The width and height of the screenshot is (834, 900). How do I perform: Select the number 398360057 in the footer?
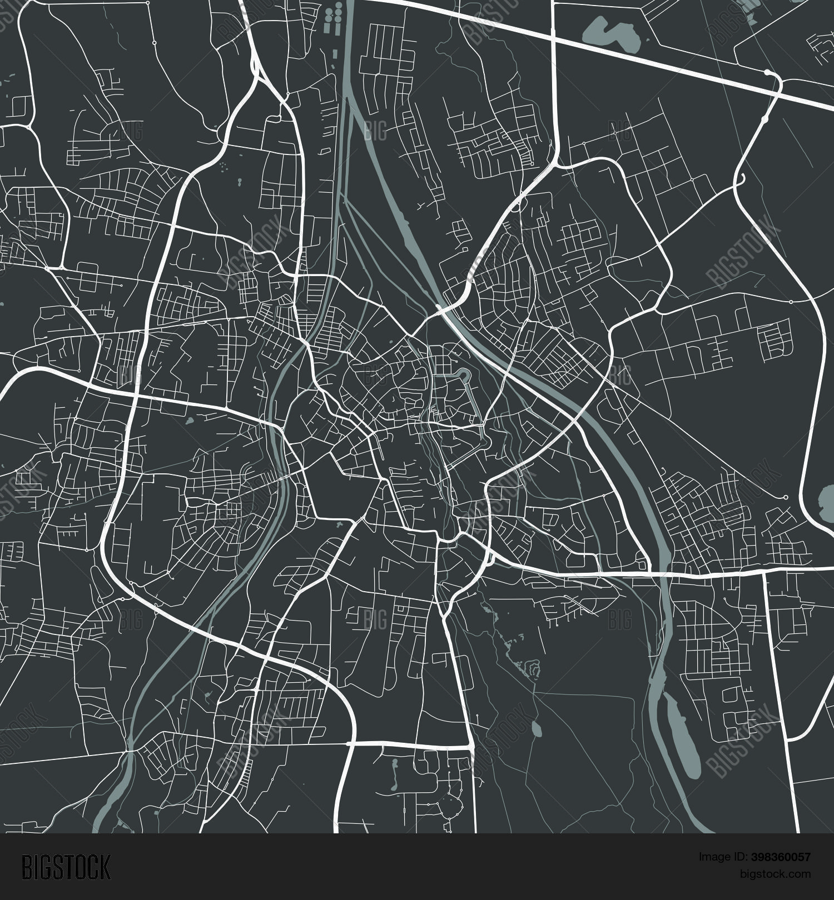(780, 856)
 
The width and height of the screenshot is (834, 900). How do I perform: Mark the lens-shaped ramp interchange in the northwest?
(256, 66)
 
